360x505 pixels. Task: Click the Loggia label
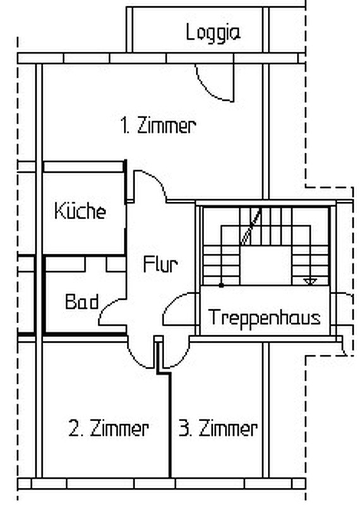(213, 33)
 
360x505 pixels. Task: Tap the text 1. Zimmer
(159, 125)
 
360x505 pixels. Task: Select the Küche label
(80, 211)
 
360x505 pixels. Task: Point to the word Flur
(160, 264)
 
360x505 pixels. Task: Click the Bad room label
(82, 302)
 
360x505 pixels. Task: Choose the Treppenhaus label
(264, 318)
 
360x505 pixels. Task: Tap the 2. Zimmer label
(109, 429)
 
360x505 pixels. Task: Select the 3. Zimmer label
(218, 429)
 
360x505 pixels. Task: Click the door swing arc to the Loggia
(209, 91)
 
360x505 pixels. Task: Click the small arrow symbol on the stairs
(310, 282)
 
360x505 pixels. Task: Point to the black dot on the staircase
(221, 285)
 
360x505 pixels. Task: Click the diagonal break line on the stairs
(251, 227)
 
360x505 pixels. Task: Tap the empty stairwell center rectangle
(267, 266)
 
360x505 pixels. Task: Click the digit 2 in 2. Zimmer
(74, 429)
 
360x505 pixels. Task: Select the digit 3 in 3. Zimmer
(184, 429)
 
